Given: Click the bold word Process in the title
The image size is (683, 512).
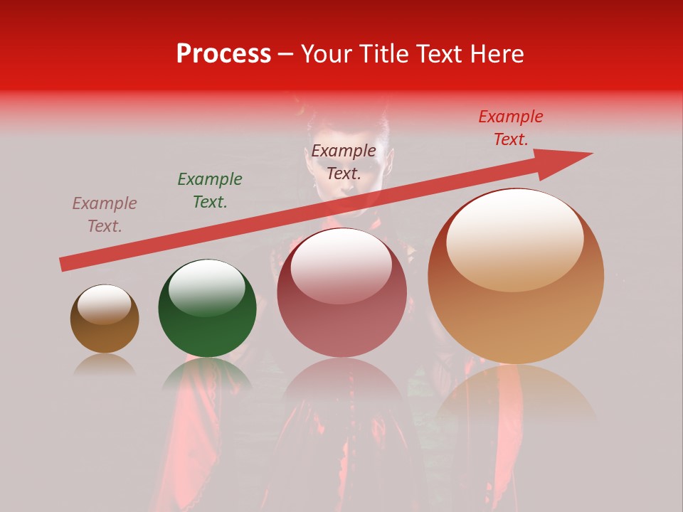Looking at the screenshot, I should tap(223, 54).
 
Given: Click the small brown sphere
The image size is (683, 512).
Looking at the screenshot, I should tap(105, 319).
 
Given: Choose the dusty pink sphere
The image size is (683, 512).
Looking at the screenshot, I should tap(341, 293).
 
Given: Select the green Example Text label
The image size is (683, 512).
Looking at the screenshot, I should tap(210, 191).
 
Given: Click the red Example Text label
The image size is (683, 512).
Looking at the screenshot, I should tap(511, 128).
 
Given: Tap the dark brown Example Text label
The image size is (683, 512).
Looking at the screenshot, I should tap(344, 162).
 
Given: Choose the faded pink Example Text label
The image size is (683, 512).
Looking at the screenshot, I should tap(105, 215).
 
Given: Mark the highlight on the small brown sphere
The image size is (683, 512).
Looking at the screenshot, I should tap(104, 304).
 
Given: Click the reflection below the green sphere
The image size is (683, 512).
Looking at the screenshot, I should tap(206, 373).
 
